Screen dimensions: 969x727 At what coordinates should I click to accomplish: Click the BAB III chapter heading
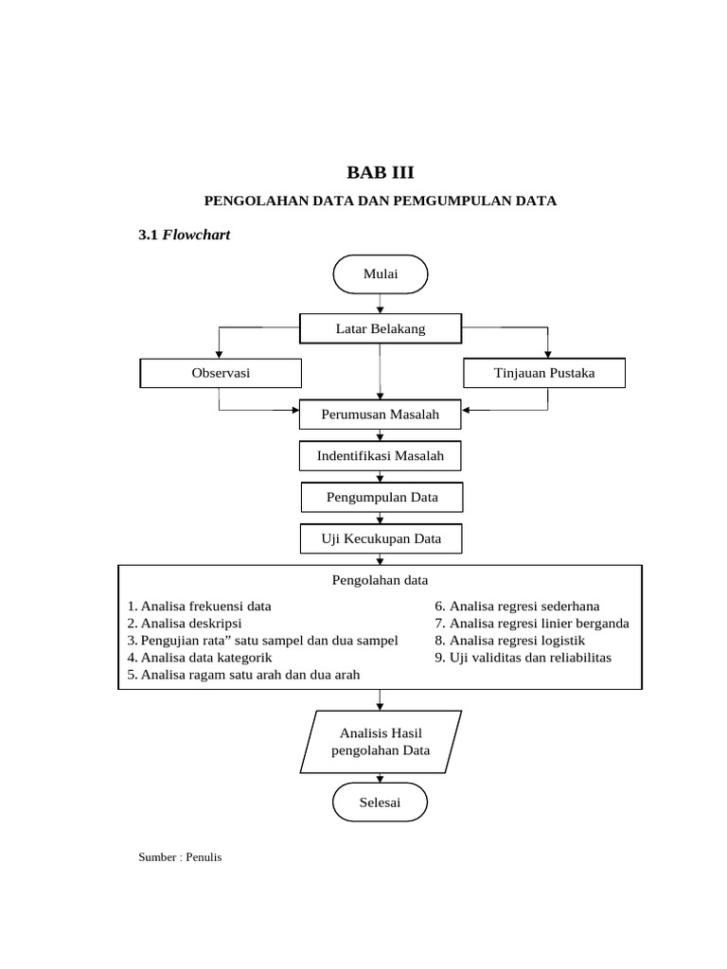[380, 172]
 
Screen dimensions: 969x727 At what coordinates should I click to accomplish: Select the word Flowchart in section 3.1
[197, 235]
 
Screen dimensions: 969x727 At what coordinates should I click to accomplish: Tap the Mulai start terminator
[381, 274]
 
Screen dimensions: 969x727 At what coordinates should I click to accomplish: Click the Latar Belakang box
[381, 328]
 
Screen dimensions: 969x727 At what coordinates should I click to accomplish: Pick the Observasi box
[221, 373]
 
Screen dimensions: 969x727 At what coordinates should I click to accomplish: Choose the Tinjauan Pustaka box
[544, 373]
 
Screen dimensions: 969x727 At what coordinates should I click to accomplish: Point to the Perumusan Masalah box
[381, 415]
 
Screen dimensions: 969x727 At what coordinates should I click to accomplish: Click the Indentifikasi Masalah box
[381, 456]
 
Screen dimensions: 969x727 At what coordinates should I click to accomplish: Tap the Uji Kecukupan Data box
[381, 539]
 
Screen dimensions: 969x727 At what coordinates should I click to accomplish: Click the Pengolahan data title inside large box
[380, 579]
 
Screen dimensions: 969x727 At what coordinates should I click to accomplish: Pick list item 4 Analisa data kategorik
[200, 657]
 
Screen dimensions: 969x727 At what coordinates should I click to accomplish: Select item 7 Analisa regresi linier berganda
[532, 623]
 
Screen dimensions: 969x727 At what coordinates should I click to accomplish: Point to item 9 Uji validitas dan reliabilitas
[523, 657]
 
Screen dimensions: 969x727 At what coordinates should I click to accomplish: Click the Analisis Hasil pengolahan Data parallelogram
[381, 742]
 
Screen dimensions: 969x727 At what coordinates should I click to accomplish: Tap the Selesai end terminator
[381, 803]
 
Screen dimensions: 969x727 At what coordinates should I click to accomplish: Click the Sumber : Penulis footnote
[180, 857]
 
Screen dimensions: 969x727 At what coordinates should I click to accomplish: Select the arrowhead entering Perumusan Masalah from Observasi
[293, 411]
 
